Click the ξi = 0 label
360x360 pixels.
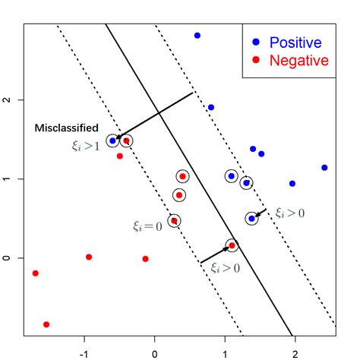(147, 226)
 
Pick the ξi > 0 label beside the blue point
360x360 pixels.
(289, 213)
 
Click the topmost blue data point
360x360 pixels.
(197, 36)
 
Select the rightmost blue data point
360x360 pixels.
(324, 168)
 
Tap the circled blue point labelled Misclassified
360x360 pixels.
(112, 141)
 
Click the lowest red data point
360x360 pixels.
(46, 324)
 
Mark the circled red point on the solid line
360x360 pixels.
(232, 245)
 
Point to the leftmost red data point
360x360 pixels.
(35, 273)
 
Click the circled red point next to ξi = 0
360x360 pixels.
(174, 221)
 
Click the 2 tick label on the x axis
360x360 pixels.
(294, 352)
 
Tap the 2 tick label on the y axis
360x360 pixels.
(7, 99)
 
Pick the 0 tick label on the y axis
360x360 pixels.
(7, 258)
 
